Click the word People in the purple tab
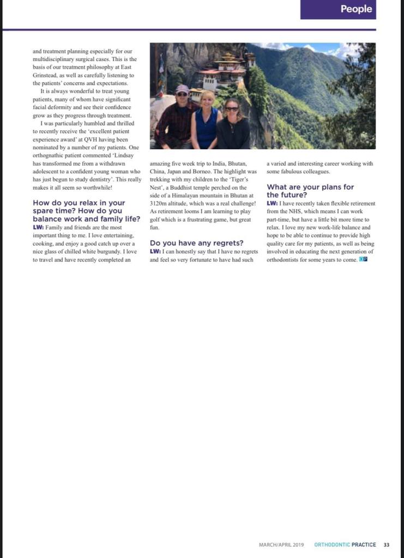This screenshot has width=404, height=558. click(x=357, y=9)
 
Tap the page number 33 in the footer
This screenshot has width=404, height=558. click(x=387, y=544)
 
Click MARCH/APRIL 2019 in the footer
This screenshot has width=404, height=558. click(x=281, y=544)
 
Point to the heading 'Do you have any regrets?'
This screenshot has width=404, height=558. click(x=196, y=242)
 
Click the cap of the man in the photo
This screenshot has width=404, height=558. click(x=182, y=88)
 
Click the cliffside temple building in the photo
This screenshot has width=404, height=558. click(x=224, y=70)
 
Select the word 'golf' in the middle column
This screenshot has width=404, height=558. click(x=155, y=219)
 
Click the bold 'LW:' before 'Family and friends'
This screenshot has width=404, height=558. click(x=38, y=227)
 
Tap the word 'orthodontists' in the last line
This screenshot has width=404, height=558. click(x=286, y=260)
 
